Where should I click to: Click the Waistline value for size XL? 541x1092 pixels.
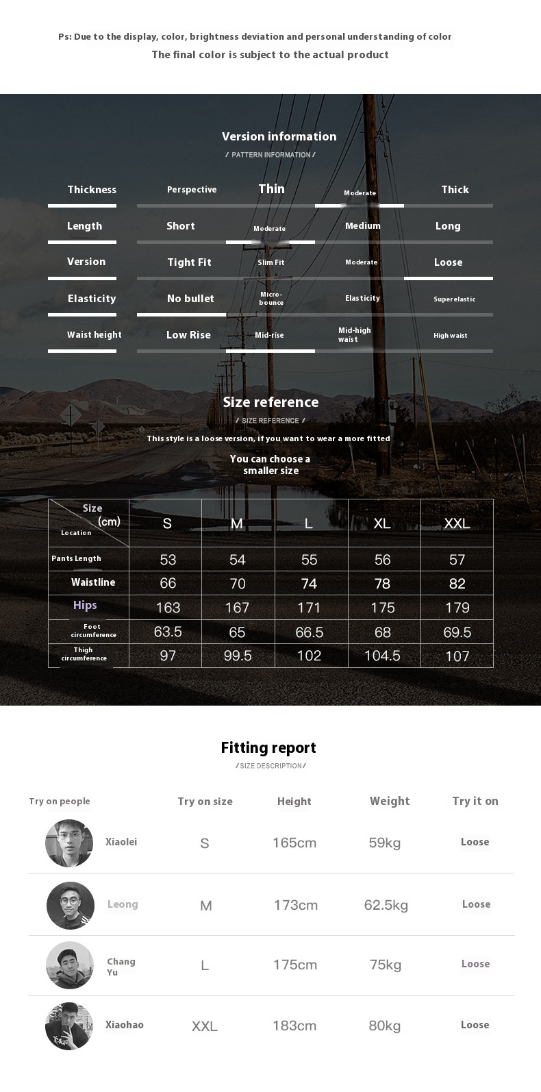(382, 584)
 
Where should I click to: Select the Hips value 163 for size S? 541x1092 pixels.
(168, 608)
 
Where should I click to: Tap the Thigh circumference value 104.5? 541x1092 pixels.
(382, 656)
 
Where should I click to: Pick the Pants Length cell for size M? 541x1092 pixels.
(237, 560)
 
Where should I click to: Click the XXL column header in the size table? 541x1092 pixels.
(457, 523)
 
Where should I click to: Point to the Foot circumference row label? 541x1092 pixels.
(93, 631)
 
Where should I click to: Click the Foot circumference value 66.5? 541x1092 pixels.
(309, 632)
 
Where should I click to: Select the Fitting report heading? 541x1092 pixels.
(268, 747)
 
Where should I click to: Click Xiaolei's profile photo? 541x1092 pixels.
(69, 843)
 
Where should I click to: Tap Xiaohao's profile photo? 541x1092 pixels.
(69, 1026)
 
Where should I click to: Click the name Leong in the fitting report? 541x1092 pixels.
(123, 904)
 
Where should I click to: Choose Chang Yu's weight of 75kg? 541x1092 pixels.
(386, 965)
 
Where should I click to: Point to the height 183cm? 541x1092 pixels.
(294, 1026)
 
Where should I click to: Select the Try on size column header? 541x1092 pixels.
(205, 802)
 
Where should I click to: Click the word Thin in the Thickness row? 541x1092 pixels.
(271, 189)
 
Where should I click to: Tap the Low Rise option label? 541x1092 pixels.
(188, 335)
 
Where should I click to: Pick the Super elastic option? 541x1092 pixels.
(454, 299)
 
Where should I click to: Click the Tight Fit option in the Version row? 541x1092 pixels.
(189, 262)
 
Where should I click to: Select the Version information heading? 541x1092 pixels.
(279, 136)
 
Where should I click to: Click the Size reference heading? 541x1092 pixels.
(270, 402)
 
